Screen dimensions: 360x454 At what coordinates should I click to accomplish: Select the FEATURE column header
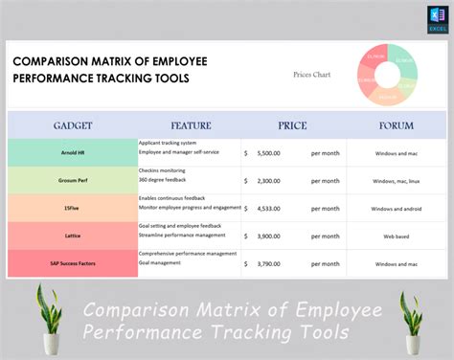point(191,125)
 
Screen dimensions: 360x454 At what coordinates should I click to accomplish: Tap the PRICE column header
point(292,125)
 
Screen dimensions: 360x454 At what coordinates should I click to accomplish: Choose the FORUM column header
point(396,125)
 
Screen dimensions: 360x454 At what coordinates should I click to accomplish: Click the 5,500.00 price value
point(269,152)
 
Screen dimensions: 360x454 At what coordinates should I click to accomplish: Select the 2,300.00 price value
point(269,180)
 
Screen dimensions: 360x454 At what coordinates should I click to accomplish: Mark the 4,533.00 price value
point(269,208)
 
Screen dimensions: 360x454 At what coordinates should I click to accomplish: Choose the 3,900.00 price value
point(269,236)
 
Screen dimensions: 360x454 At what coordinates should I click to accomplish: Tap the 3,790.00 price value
point(269,263)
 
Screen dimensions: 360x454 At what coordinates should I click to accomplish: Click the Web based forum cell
point(396,236)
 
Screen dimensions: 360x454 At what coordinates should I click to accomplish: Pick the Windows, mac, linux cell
point(396,180)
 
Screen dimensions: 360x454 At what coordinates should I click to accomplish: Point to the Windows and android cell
point(396,208)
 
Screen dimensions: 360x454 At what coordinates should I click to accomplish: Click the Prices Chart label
point(311,74)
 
